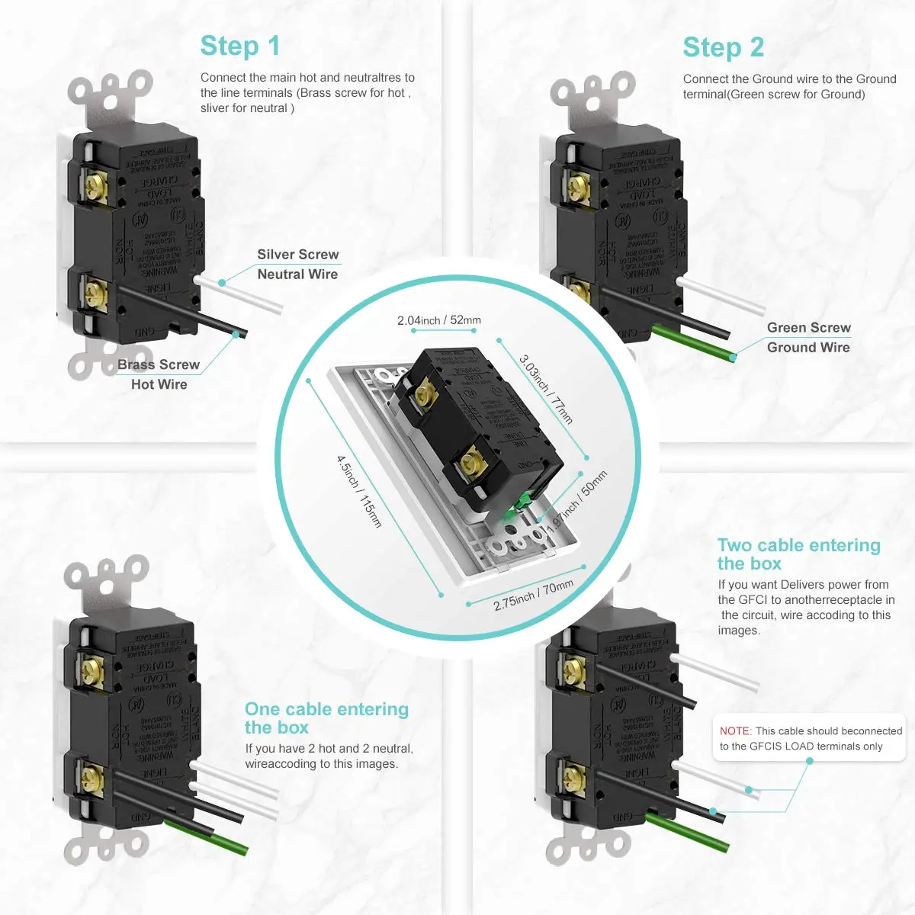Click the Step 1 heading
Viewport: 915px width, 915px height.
click(x=240, y=47)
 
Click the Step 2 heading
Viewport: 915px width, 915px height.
click(x=723, y=48)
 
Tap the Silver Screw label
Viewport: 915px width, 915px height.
click(x=297, y=255)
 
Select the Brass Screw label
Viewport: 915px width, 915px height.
click(x=159, y=365)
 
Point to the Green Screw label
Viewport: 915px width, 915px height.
click(x=808, y=328)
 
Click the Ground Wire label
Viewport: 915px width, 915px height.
click(x=808, y=348)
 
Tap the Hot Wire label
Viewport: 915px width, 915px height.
click(x=159, y=385)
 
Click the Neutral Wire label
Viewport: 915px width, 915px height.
click(x=297, y=274)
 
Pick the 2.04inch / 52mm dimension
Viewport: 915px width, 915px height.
click(x=439, y=320)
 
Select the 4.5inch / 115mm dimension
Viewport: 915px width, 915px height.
click(x=359, y=492)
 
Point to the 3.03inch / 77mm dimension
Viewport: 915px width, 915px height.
click(x=546, y=389)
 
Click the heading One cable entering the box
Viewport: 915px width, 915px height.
click(x=326, y=718)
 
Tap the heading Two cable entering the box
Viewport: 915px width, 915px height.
click(x=798, y=554)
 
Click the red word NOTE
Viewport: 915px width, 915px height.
click(x=735, y=731)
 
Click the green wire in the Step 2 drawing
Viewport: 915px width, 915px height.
click(x=694, y=342)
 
